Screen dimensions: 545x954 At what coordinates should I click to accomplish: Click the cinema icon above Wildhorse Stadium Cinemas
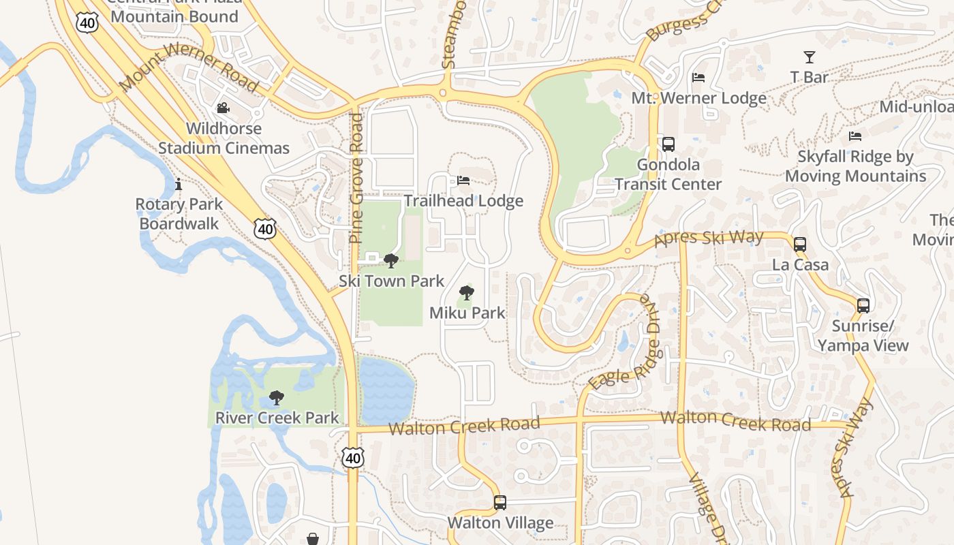(223, 108)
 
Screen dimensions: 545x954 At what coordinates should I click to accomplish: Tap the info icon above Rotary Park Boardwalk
(179, 184)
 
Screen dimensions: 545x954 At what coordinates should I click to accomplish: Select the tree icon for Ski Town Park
(391, 260)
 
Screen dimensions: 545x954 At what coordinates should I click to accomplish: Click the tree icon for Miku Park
(467, 293)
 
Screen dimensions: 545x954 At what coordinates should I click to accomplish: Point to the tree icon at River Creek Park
(277, 397)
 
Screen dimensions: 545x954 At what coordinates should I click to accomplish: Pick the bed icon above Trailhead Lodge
(463, 181)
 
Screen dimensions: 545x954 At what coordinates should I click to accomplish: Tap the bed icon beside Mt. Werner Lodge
(698, 78)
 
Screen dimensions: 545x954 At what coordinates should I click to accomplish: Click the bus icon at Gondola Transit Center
(668, 144)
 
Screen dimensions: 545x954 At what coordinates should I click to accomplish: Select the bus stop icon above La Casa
(800, 244)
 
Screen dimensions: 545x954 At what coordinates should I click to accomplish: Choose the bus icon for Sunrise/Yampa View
(863, 305)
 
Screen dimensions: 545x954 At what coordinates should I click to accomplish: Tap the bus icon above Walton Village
(500, 503)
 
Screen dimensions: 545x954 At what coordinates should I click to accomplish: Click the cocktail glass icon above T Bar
(810, 57)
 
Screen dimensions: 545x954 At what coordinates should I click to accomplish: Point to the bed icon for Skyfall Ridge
(855, 136)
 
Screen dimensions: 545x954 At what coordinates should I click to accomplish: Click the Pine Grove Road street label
(356, 178)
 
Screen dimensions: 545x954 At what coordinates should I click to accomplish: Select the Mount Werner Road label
(189, 68)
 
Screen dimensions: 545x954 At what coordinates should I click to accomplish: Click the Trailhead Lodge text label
(463, 201)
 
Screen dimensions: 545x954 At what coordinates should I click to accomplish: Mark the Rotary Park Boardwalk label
(179, 214)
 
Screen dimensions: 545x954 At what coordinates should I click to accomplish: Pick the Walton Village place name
(500, 523)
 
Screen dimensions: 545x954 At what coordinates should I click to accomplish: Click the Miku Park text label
(467, 313)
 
